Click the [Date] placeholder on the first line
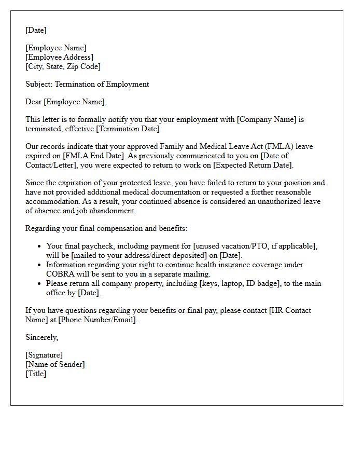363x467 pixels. [36, 30]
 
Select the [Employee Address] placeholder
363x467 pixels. [59, 57]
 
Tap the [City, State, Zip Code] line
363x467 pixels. [63, 66]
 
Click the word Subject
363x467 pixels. [38, 84]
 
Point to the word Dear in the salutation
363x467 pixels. [34, 102]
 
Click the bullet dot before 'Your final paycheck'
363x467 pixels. [39, 246]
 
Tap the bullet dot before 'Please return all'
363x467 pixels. [39, 283]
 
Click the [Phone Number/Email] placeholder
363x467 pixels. [97, 320]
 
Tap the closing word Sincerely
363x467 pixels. [41, 337]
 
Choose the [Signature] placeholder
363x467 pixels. [44, 355]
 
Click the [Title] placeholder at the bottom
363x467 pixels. [36, 374]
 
